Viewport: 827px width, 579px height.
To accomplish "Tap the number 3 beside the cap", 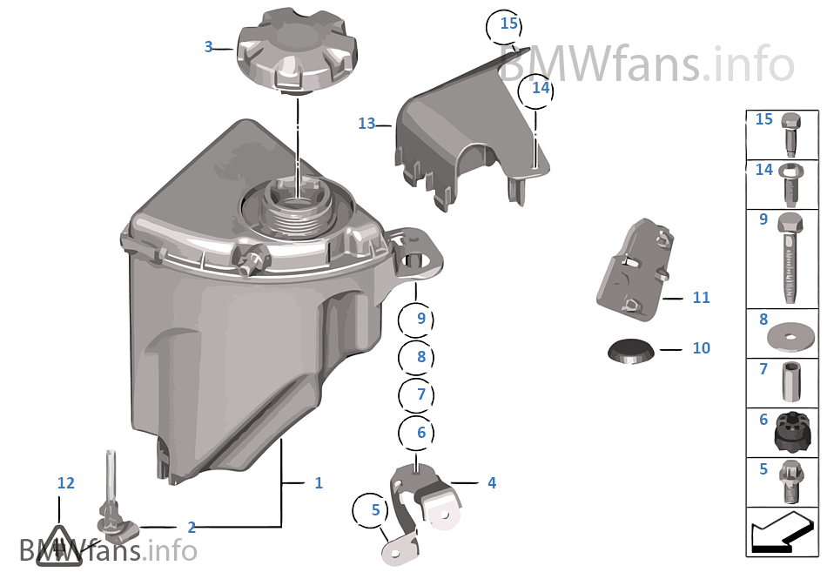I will (x=208, y=47).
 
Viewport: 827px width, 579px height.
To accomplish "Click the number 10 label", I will (x=701, y=348).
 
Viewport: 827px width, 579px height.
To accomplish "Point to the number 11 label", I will (x=701, y=298).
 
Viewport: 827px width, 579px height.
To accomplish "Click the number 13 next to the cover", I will (x=366, y=124).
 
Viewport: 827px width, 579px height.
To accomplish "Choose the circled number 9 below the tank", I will (x=421, y=319).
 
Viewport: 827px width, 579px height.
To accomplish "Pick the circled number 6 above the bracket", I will (x=421, y=432).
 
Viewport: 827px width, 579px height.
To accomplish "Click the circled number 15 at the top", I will (x=508, y=24).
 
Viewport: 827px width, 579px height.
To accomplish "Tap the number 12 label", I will (x=66, y=482).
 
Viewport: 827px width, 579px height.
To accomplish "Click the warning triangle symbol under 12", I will (x=58, y=546).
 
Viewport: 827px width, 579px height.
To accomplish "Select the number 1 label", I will (x=319, y=482).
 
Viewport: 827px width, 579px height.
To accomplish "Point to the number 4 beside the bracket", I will (x=492, y=482).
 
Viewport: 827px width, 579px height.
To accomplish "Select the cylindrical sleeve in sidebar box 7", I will (x=791, y=381).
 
